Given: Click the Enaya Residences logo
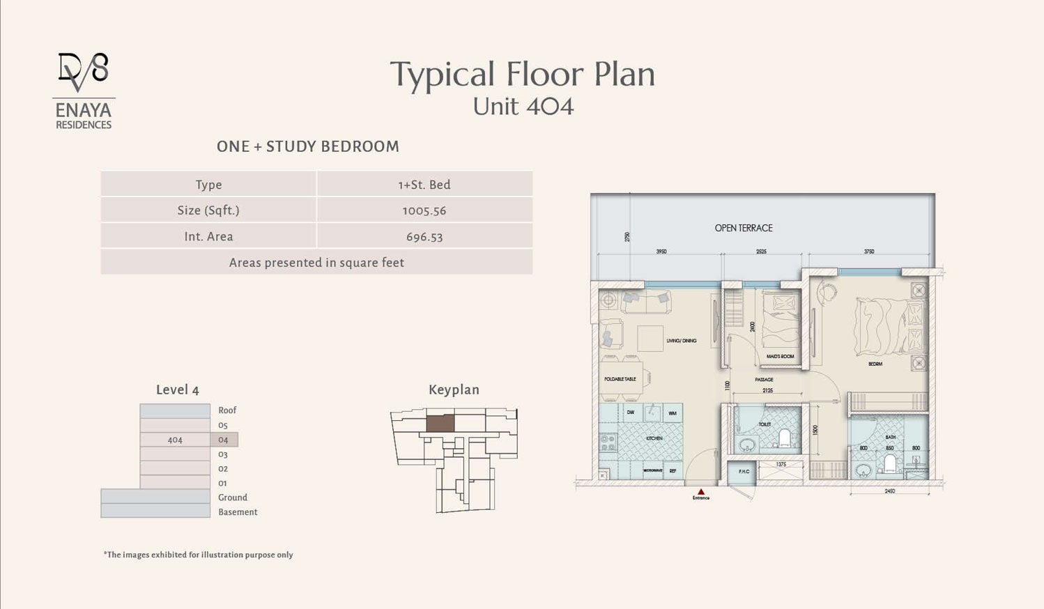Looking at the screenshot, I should pyautogui.click(x=84, y=91).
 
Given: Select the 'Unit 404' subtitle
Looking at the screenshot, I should pyautogui.click(x=523, y=107).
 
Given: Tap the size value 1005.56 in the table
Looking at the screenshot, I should pyautogui.click(x=424, y=210).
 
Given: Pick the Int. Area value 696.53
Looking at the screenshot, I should pyautogui.click(x=424, y=237).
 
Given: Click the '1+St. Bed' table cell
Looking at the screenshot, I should pyautogui.click(x=424, y=185).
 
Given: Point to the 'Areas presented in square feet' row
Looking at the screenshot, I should pyautogui.click(x=316, y=263).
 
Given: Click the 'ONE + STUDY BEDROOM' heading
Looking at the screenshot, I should pyautogui.click(x=307, y=146).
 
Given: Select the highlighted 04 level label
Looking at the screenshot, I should pyautogui.click(x=223, y=440).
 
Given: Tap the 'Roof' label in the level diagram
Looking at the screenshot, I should pyautogui.click(x=227, y=410).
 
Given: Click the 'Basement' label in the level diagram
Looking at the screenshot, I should pyautogui.click(x=238, y=512).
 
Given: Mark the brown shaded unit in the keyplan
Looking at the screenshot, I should pyautogui.click(x=440, y=423).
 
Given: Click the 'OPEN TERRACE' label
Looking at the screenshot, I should pyautogui.click(x=743, y=228).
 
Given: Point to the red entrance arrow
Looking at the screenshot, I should pyautogui.click(x=701, y=492).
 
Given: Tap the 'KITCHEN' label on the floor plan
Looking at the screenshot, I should pyautogui.click(x=654, y=438).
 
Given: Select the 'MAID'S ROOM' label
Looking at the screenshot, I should pyautogui.click(x=780, y=356).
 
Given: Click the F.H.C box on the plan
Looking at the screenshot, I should pyautogui.click(x=744, y=472).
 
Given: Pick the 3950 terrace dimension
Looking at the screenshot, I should pyautogui.click(x=661, y=252).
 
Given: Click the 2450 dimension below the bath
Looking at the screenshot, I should pyautogui.click(x=889, y=491).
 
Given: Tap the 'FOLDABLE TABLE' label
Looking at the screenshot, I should pyautogui.click(x=620, y=379).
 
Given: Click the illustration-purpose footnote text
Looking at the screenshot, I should pyautogui.click(x=198, y=555).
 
